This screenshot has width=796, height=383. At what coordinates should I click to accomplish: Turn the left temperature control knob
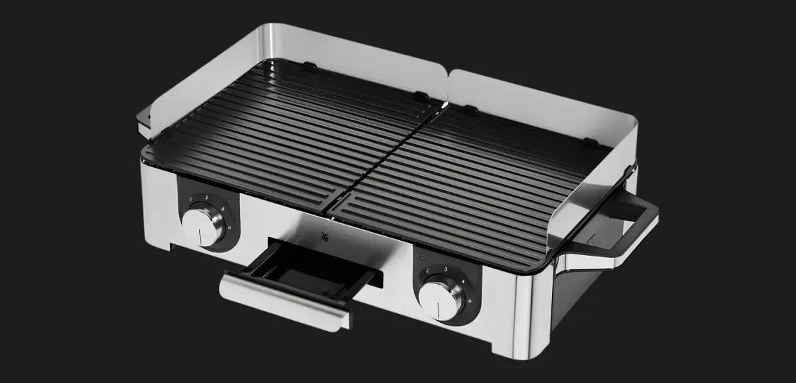[x=201, y=223]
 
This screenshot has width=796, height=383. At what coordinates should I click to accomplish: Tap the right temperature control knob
[x=443, y=298]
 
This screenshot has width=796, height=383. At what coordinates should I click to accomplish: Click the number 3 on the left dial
[x=205, y=196]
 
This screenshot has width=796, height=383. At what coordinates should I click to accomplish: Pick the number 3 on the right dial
[x=445, y=269]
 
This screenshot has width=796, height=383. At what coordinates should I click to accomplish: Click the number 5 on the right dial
[x=470, y=300]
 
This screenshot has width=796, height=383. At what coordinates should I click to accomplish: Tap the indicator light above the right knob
[x=422, y=258]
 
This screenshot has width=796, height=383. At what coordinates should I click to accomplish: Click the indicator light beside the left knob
[x=230, y=200]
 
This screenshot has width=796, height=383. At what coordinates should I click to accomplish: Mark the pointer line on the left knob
[x=199, y=233]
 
